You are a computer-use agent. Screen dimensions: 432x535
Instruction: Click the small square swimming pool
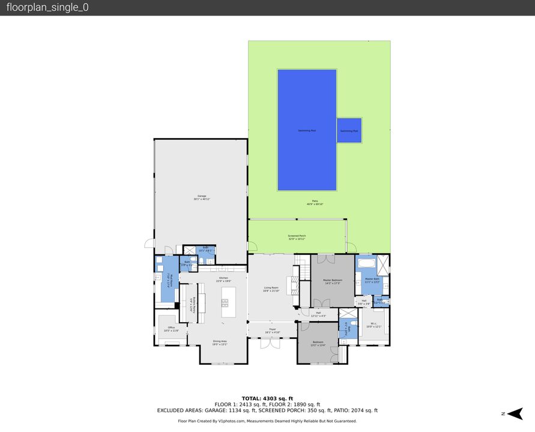pyautogui.click(x=349, y=130)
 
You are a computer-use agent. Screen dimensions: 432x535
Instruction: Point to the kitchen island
pyautogui.click(x=228, y=302)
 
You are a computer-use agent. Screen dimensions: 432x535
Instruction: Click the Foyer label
pyautogui.click(x=271, y=329)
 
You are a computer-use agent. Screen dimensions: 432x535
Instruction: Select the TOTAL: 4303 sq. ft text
pyautogui.click(x=267, y=398)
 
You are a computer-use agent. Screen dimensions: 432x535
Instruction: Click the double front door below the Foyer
pyautogui.click(x=265, y=343)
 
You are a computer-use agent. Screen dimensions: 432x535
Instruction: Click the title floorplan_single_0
pyautogui.click(x=47, y=8)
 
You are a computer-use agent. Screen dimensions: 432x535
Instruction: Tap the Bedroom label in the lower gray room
pyautogui.click(x=318, y=344)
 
